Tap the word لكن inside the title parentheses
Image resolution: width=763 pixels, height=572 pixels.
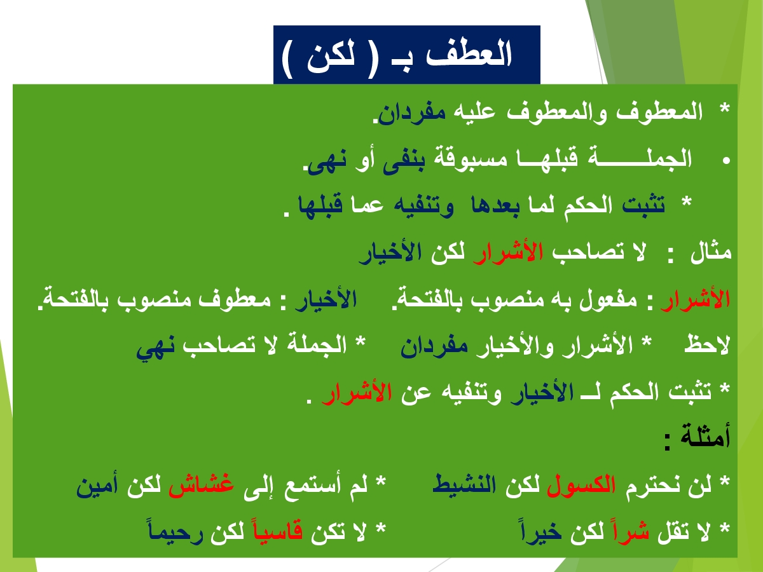[331, 55]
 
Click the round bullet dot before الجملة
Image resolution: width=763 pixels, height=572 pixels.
[726, 160]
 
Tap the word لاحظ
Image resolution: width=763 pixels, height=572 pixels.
[707, 345]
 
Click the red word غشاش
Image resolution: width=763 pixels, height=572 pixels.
[202, 484]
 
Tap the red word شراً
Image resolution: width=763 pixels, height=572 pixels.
[631, 530]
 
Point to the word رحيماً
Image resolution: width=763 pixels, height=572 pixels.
[175, 531]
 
